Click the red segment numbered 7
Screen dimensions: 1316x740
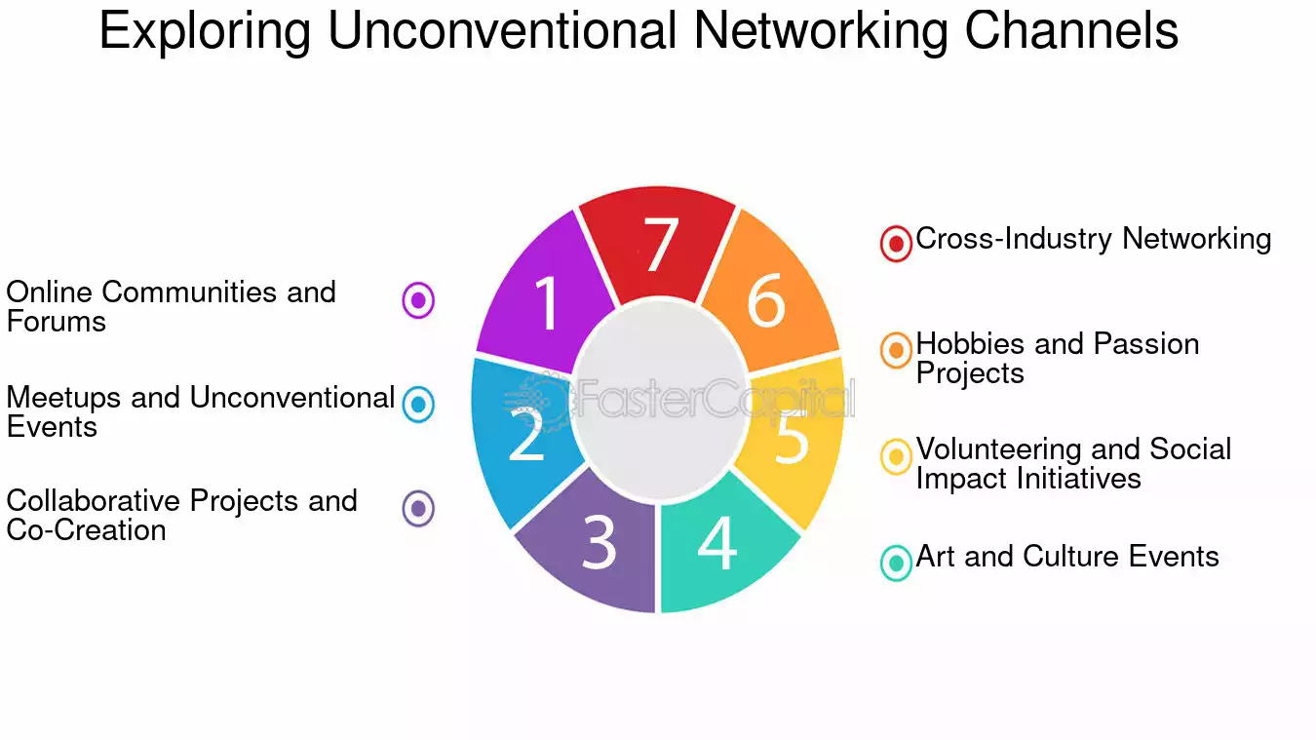point(658,244)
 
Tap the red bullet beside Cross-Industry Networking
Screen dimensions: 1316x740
point(896,244)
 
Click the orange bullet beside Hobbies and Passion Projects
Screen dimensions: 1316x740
point(896,350)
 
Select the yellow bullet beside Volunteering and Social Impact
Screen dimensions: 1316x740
point(896,456)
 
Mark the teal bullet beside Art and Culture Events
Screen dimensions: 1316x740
point(896,564)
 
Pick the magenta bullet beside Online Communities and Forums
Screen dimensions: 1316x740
point(418,300)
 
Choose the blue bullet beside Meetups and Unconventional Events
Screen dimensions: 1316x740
point(418,405)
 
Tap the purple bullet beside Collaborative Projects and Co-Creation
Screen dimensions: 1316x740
point(418,508)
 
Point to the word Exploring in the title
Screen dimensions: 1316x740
point(205,32)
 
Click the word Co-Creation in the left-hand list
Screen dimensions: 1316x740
point(87,530)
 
